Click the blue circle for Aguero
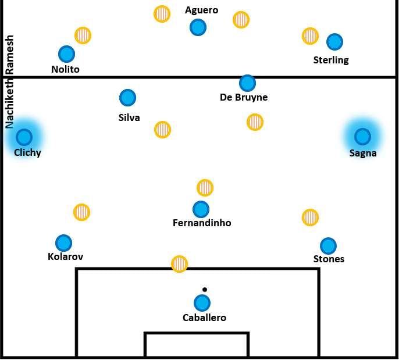(x=198, y=27)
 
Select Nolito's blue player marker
(x=67, y=54)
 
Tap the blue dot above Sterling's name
(x=334, y=42)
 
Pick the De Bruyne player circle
(x=247, y=83)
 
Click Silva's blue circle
(x=127, y=98)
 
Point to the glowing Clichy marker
(x=24, y=137)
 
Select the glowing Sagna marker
(x=362, y=137)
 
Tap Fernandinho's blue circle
(x=201, y=209)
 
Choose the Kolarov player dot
(x=63, y=243)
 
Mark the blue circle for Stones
(x=328, y=246)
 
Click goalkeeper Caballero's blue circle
(x=202, y=303)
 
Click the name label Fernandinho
(x=202, y=223)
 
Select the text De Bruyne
(x=244, y=97)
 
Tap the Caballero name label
(x=204, y=318)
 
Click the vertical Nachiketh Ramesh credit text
(x=9, y=81)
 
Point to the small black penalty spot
(x=205, y=289)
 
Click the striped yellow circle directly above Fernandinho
(x=205, y=188)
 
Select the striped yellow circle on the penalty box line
(x=180, y=264)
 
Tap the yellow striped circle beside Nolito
(x=83, y=35)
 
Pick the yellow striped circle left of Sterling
(x=310, y=35)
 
